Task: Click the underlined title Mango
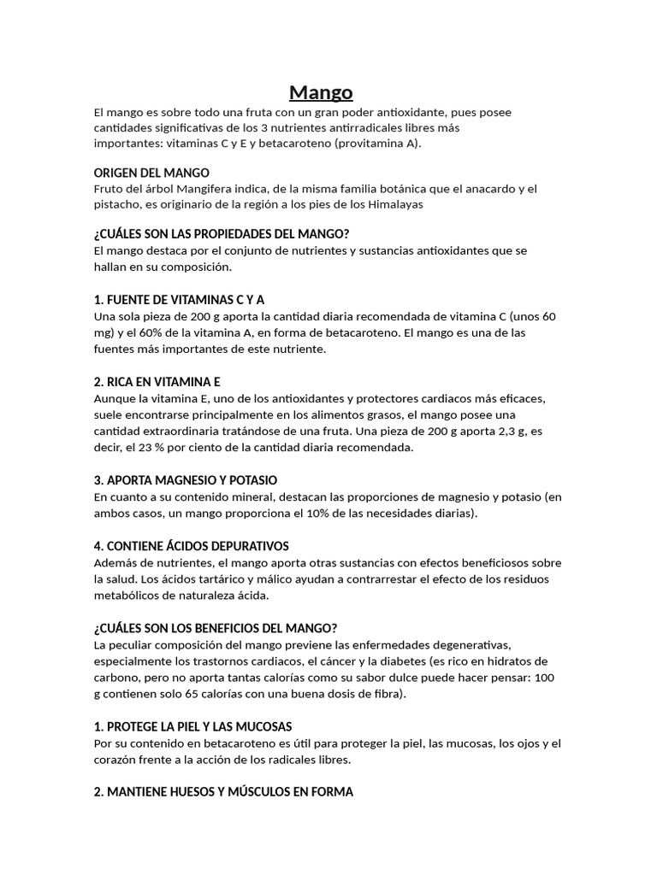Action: pyautogui.click(x=321, y=91)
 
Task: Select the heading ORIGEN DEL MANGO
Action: pyautogui.click(x=151, y=173)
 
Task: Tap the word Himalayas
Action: pyautogui.click(x=394, y=204)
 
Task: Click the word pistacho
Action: pyautogui.click(x=118, y=204)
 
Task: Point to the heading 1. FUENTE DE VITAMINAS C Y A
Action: pyautogui.click(x=179, y=300)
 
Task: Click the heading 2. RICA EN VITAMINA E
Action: pyautogui.click(x=157, y=382)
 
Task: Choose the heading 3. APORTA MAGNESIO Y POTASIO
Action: pyautogui.click(x=185, y=480)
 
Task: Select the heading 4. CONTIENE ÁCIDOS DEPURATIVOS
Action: pyautogui.click(x=191, y=546)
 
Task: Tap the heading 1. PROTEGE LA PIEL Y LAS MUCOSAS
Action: pyautogui.click(x=192, y=726)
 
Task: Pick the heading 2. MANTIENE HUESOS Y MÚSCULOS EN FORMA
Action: pyautogui.click(x=222, y=792)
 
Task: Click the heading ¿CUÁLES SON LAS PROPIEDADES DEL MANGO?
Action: pyautogui.click(x=222, y=234)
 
